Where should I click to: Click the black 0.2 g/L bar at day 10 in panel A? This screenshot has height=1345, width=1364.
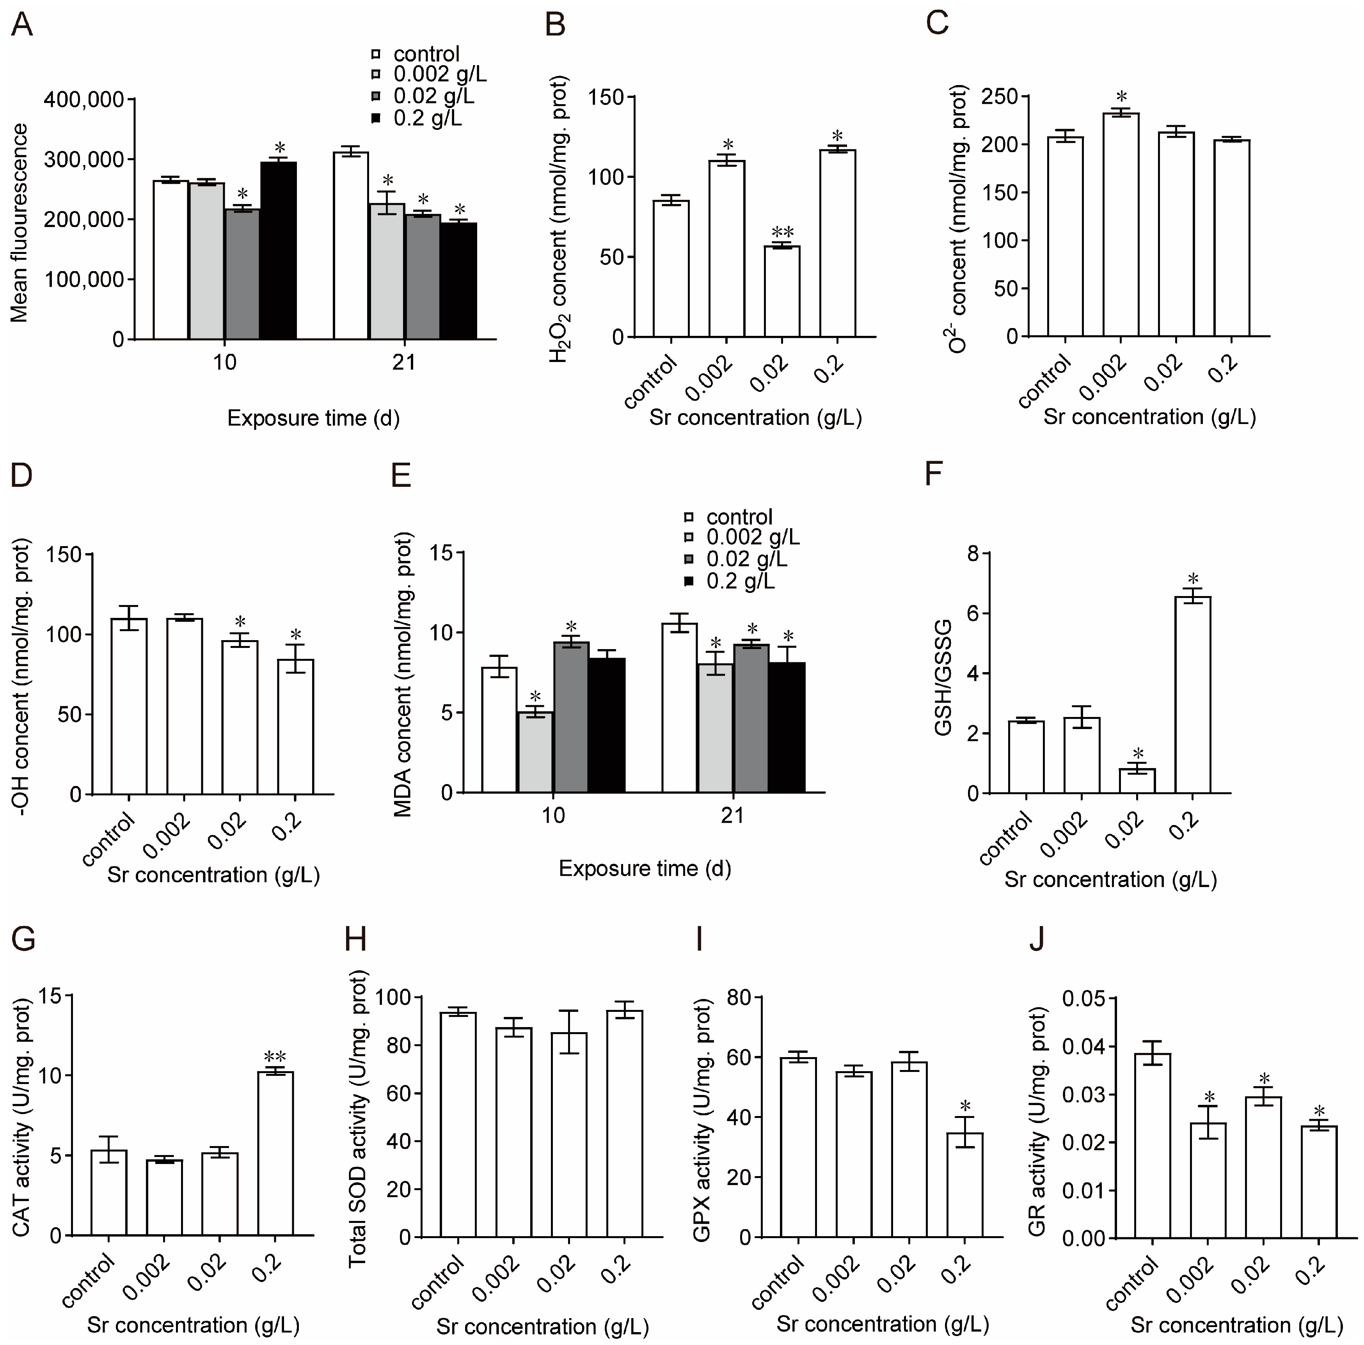click(x=278, y=251)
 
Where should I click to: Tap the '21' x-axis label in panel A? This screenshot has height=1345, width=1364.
click(x=404, y=363)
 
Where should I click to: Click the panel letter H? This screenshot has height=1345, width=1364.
click(x=355, y=940)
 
